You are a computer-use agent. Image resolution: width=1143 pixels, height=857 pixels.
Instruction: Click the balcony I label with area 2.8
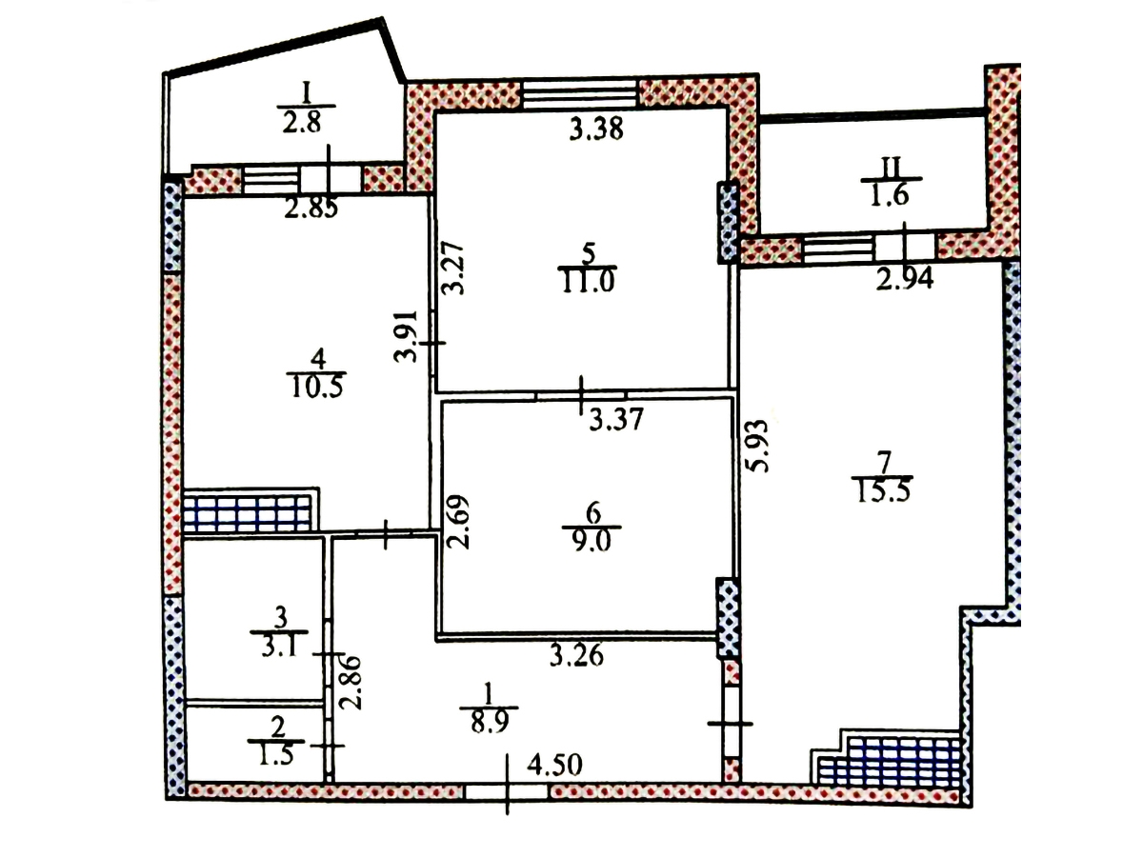[x=306, y=122]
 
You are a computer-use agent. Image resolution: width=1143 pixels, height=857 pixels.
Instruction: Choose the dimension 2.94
[x=905, y=279]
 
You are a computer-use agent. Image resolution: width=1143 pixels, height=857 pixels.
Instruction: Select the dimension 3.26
[x=577, y=656]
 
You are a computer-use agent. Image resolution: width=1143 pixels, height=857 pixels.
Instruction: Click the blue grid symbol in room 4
[x=248, y=513]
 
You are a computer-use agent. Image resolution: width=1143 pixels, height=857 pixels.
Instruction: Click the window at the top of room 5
[x=579, y=95]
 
